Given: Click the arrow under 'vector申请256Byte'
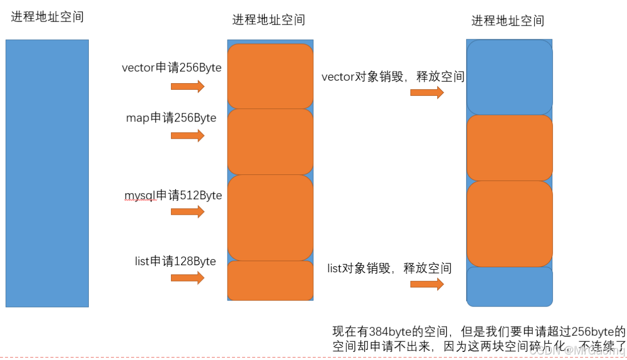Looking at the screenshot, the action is (x=188, y=87).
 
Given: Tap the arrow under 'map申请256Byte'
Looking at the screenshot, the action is (x=188, y=136).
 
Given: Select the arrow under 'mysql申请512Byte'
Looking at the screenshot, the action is (x=188, y=212).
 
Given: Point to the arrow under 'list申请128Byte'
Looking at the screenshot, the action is (x=188, y=278).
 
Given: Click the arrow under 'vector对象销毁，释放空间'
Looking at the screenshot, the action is (x=427, y=93).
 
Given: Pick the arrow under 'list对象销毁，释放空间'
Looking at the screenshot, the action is (x=427, y=284).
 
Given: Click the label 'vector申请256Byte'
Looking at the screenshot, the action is (x=172, y=68).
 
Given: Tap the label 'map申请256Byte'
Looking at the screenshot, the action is (x=171, y=118).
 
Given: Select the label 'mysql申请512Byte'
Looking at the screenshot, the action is (x=173, y=195).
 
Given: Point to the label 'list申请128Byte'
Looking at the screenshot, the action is (x=175, y=261).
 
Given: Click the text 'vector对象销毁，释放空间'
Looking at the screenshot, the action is (x=393, y=77).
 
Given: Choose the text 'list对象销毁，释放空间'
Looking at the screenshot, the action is (x=389, y=268).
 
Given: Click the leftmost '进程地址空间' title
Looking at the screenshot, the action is (x=47, y=17).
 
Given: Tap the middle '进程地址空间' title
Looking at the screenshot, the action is (x=268, y=20).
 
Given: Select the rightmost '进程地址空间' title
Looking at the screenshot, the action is (x=507, y=21).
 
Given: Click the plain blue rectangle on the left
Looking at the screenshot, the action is (x=47, y=173).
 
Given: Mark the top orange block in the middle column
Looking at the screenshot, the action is (x=270, y=76).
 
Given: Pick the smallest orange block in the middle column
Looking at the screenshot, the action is (x=270, y=280).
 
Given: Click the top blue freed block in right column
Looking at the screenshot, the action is (x=509, y=77).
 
